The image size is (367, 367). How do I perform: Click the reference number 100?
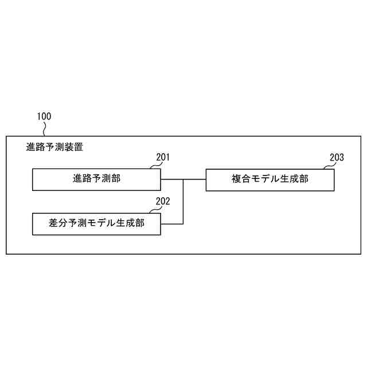tap(44, 116)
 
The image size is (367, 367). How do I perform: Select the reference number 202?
tap(163, 201)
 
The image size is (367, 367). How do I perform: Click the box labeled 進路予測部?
tap(96, 179)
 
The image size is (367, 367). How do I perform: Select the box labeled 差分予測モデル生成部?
tap(96, 223)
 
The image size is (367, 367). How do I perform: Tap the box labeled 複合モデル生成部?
tap(270, 179)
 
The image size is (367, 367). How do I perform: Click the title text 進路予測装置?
tap(54, 147)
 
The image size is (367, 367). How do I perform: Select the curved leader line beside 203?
tap(327, 166)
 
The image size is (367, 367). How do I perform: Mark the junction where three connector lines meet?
tap(183, 179)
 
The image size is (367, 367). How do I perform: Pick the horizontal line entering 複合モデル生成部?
tap(195, 179)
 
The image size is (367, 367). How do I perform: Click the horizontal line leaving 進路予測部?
tap(171, 179)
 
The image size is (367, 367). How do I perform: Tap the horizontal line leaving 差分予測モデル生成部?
tap(171, 223)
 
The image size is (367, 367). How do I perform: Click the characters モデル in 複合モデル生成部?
tap(264, 179)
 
